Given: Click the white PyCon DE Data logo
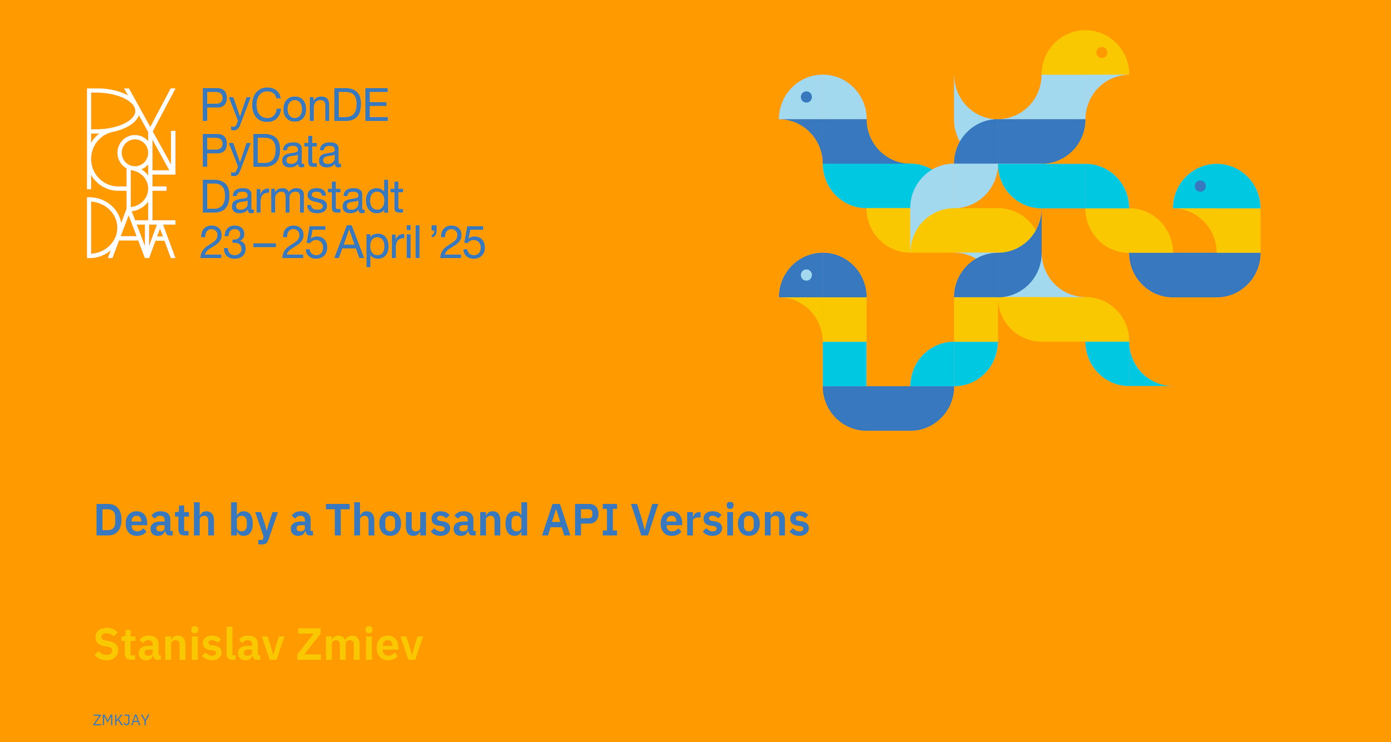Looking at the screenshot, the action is click(x=131, y=173).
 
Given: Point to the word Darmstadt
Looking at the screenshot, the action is click(x=302, y=197).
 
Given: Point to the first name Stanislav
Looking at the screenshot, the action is click(x=189, y=644).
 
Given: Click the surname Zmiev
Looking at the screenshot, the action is click(x=360, y=644).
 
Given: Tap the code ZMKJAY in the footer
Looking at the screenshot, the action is click(x=121, y=720).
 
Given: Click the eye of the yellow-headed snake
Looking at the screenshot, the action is click(x=1101, y=52).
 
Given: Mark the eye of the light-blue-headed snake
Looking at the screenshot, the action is click(x=806, y=97).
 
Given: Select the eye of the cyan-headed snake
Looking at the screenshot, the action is click(x=1200, y=186).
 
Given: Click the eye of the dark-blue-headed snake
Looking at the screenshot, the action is click(x=806, y=275).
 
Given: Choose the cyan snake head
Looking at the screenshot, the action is click(x=1217, y=187).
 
